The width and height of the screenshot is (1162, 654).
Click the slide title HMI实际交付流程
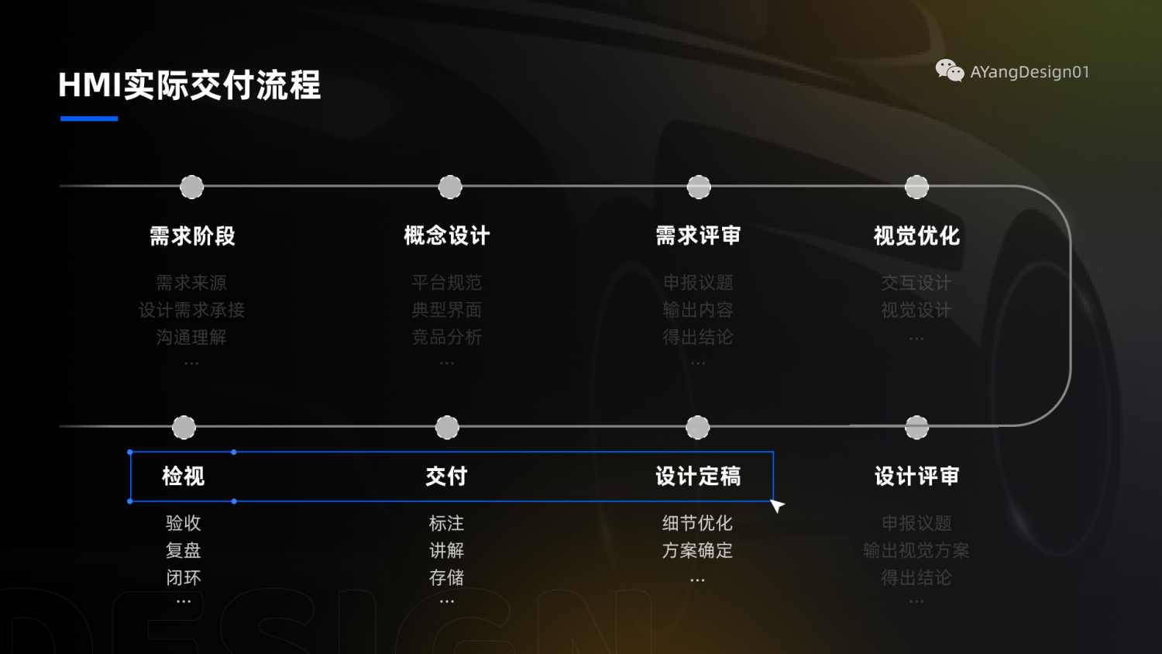tap(190, 85)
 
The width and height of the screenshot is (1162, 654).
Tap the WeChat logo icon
tap(949, 71)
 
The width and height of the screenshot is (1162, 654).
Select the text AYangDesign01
tap(1030, 72)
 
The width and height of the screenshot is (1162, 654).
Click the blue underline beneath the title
tap(89, 119)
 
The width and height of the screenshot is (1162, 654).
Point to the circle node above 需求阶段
tap(192, 187)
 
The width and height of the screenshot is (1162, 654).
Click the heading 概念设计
tap(447, 236)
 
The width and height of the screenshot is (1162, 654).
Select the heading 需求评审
tap(698, 236)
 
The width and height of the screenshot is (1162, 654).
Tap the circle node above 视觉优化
tap(916, 187)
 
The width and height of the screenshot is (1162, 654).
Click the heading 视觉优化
tap(916, 236)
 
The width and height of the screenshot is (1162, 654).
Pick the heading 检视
tap(184, 476)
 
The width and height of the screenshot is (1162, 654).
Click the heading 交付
tap(447, 476)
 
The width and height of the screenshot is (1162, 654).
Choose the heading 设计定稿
tap(698, 476)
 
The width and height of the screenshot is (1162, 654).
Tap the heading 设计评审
tap(916, 476)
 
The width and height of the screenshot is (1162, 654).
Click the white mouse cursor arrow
tap(777, 505)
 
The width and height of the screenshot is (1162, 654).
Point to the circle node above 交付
tap(447, 427)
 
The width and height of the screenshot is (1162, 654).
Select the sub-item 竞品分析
tap(447, 337)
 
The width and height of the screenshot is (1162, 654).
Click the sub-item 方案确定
tap(698, 550)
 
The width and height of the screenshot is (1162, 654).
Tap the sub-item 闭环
tap(184, 577)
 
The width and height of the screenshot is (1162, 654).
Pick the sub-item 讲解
tap(447, 550)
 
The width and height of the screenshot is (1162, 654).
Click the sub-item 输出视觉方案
tap(916, 550)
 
